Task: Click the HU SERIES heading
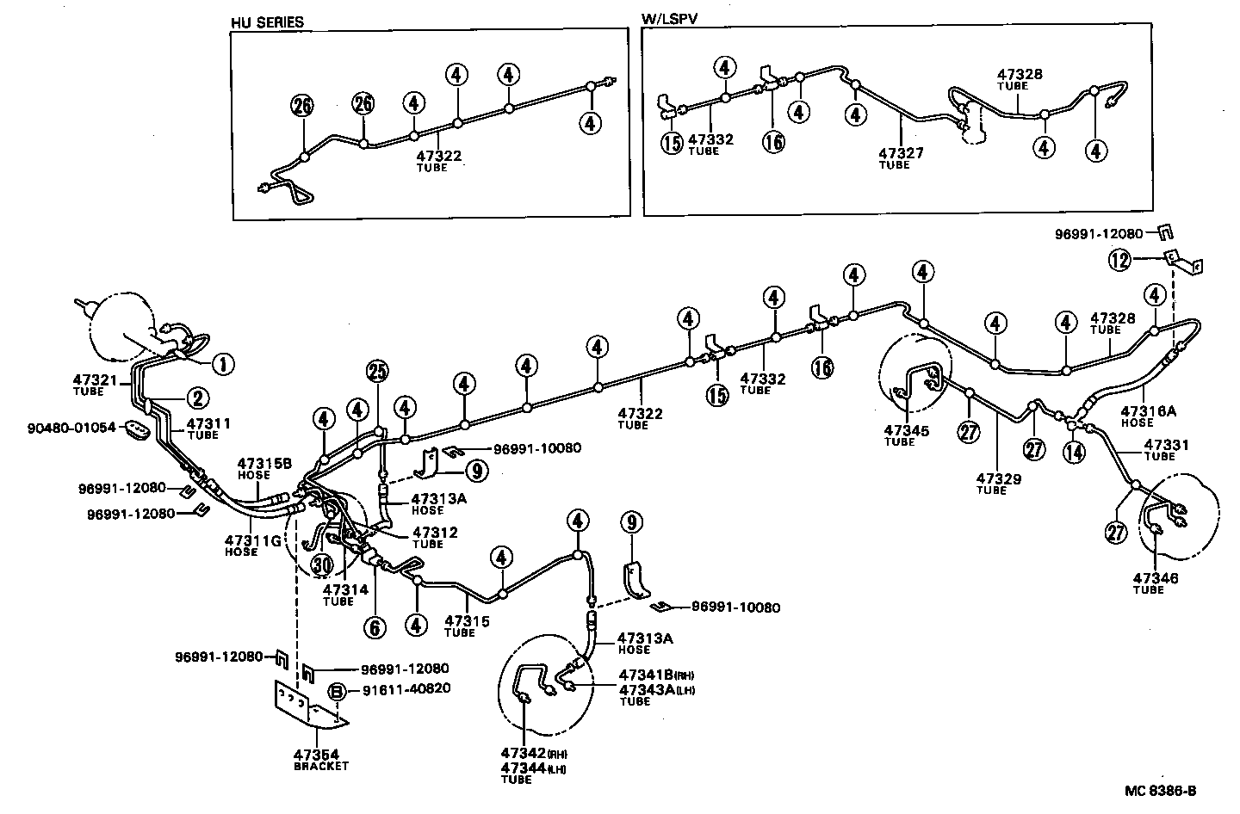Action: tap(267, 22)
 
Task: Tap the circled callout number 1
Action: tap(223, 365)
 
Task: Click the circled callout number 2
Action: tap(197, 398)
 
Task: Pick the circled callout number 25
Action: tap(377, 371)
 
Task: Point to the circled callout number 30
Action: tap(321, 564)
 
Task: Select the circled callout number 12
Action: tap(1119, 260)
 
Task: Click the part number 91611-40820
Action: tap(400, 688)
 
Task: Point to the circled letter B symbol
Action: tap(338, 690)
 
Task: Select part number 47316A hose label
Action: tap(1148, 412)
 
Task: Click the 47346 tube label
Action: tap(1155, 578)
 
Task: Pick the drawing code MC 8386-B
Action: tap(1160, 791)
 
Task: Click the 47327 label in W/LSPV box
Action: tap(901, 153)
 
